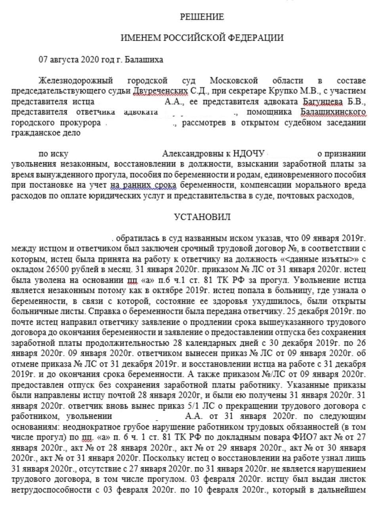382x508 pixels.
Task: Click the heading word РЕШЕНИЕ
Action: coord(202,17)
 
